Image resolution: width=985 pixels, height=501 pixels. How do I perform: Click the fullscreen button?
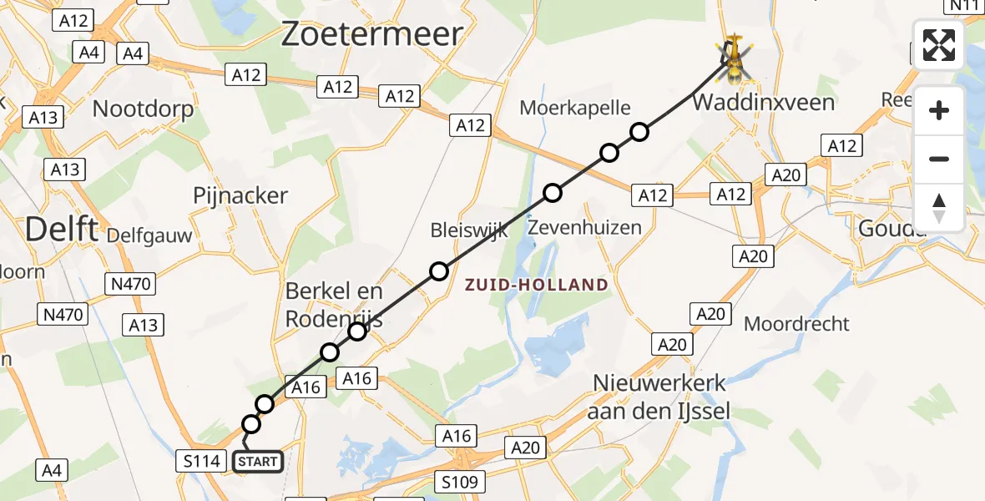939,45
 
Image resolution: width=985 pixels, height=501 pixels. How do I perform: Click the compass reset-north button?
939,208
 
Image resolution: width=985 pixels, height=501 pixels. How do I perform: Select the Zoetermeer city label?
371,34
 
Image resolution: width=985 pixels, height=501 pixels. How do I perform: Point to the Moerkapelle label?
574,107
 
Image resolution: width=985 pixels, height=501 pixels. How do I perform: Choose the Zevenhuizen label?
585,227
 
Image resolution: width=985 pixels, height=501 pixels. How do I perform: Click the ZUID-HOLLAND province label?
537,285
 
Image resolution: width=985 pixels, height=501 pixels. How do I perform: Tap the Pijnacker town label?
240,196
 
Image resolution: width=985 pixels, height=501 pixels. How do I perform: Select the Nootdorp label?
143,109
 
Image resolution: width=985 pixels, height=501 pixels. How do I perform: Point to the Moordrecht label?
796,323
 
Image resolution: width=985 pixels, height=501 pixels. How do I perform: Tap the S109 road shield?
460,482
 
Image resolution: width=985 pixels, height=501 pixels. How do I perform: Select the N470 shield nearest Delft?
130,284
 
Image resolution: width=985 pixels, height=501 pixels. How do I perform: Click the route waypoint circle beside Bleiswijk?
439,271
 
